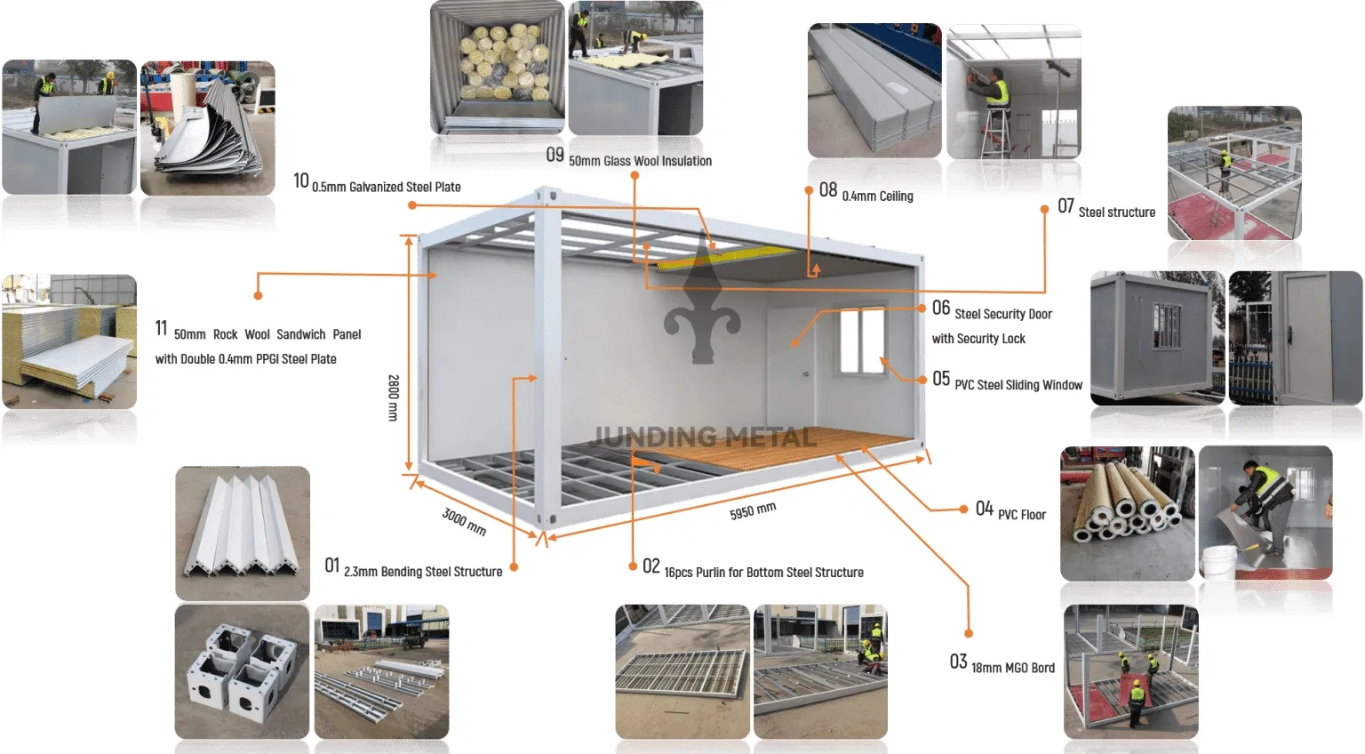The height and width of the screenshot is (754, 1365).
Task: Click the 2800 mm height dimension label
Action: [x=393, y=397]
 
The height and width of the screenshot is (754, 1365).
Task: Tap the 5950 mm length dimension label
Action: [x=753, y=511]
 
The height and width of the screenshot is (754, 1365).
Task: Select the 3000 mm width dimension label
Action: [x=464, y=521]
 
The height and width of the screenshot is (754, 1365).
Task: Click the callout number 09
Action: [x=555, y=156]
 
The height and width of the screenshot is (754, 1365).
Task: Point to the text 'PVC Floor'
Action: [x=1022, y=515]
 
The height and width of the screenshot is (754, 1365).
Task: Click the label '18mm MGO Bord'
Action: [x=1013, y=668]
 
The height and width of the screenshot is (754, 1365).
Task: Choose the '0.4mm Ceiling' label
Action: [x=877, y=197]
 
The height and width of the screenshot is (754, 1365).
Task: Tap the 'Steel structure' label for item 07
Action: [x=1116, y=213]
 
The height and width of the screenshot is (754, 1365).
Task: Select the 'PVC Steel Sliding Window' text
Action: [x=1018, y=385]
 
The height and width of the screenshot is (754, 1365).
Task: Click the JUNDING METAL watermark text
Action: [x=704, y=437]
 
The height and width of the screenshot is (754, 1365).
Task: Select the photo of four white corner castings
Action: [x=242, y=671]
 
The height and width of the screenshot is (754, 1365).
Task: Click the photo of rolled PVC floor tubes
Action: [x=1127, y=513]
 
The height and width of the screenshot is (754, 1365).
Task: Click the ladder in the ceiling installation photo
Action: [x=994, y=133]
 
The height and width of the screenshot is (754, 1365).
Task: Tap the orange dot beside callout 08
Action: [x=809, y=190]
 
